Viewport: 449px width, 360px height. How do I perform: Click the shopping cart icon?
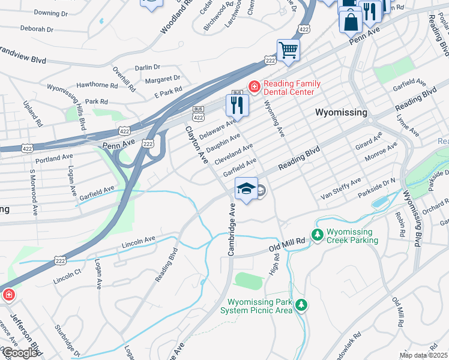[288, 50]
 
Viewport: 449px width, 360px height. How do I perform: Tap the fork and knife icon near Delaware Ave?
[237, 106]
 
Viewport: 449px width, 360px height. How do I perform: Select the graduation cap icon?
[246, 188]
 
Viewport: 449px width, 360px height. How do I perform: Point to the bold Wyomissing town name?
[341, 112]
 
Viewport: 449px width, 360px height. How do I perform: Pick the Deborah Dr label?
[37, 28]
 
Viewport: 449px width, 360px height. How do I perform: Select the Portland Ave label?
[54, 158]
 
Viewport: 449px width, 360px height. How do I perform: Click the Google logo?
[20, 353]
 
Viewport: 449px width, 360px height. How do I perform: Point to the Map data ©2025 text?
[423, 355]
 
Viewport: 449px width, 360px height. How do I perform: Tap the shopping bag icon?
[351, 22]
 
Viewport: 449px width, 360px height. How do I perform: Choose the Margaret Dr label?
[158, 78]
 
